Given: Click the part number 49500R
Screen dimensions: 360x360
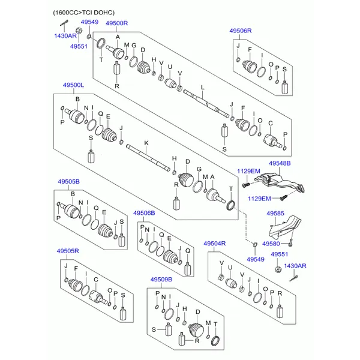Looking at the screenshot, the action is click(116, 23).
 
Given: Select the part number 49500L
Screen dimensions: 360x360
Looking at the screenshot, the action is click(73, 85).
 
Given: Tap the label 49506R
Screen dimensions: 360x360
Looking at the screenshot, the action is click(241, 31).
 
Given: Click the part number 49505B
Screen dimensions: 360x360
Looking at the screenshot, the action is click(68, 182).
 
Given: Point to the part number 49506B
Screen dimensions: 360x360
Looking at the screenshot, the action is click(144, 213).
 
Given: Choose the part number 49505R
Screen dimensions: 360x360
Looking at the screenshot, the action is click(68, 251).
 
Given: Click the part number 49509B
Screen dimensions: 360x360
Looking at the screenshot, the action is click(161, 280).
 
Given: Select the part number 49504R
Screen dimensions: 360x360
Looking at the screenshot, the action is click(214, 244).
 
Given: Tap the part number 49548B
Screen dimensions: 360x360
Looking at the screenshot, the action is click(280, 163).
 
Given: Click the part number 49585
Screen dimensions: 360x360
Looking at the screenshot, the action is click(275, 214).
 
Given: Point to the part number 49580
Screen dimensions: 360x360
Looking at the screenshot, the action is click(271, 244).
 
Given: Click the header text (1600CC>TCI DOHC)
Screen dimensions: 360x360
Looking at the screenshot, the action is click(84, 13).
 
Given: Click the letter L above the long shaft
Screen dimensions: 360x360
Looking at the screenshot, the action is click(203, 88).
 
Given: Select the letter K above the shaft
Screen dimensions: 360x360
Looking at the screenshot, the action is click(146, 143).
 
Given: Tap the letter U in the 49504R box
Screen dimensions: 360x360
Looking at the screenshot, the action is click(230, 268).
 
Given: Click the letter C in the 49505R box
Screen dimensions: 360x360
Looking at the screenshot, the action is click(96, 280).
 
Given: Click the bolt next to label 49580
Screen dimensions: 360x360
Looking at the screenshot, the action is click(290, 242).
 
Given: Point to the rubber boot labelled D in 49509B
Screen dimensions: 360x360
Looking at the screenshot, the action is click(197, 331).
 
